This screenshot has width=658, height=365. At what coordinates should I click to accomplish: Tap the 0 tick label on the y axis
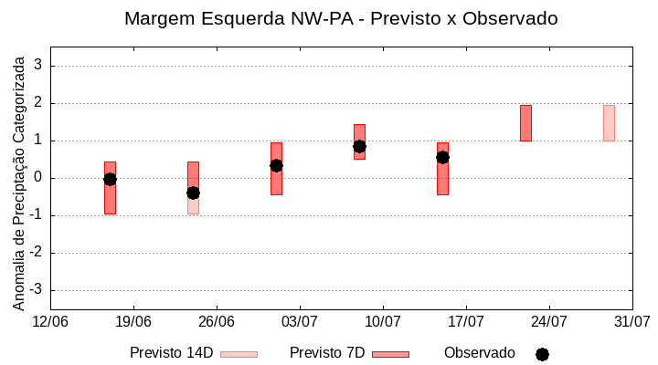coord(37,178)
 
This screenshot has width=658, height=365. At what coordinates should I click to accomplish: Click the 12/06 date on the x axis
coord(50,321)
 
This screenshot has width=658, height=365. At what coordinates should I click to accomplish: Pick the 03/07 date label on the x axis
coord(300,321)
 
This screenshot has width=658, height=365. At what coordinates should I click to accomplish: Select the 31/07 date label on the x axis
coord(631,321)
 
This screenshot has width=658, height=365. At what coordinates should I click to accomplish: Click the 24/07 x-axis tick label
coord(549,321)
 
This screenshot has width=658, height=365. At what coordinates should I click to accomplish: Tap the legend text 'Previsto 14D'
coord(171,353)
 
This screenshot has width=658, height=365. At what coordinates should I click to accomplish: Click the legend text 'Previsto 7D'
coord(326,353)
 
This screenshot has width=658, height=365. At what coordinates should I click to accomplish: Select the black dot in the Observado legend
coord(542,354)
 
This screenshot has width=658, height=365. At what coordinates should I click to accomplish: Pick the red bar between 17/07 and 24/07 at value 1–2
coord(525,123)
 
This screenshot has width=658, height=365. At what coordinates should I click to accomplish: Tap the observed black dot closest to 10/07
coord(359,146)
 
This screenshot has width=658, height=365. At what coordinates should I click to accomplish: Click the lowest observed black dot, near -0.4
coord(193,193)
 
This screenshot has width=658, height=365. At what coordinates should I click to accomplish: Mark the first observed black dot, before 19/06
coord(110,179)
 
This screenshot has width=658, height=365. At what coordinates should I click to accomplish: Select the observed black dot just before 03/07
coord(276,165)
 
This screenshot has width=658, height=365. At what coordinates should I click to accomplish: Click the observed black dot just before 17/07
coord(442,157)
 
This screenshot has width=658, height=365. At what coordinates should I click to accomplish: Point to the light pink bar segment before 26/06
coord(193,207)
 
